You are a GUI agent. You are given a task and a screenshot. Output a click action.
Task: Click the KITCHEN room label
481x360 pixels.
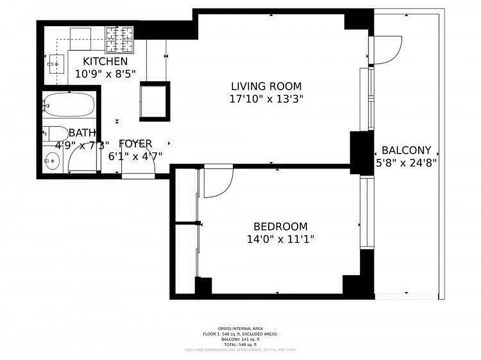point(105,62)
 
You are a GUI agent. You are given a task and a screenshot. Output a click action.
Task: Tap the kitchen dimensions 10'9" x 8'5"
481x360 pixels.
point(105,74)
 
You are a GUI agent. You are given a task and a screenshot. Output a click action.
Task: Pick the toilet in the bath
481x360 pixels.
point(54,134)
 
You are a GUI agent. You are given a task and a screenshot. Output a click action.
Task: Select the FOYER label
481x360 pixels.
point(135,144)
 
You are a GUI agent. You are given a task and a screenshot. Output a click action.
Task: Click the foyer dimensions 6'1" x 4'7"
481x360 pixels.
point(135,156)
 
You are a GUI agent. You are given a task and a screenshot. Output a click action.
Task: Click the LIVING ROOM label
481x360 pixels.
point(266,86)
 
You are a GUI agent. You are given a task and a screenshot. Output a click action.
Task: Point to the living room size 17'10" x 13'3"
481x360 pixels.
point(266,99)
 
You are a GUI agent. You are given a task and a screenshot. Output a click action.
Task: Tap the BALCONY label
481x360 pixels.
point(406,150)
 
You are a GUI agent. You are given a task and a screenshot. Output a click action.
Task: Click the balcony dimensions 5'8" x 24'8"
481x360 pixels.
point(406,162)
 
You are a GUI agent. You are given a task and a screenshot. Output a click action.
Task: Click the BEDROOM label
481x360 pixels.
point(280,227)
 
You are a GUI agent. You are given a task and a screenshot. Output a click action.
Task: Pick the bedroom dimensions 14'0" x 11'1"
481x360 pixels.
point(280,239)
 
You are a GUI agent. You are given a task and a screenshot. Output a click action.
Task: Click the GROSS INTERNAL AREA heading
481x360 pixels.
point(240,329)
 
